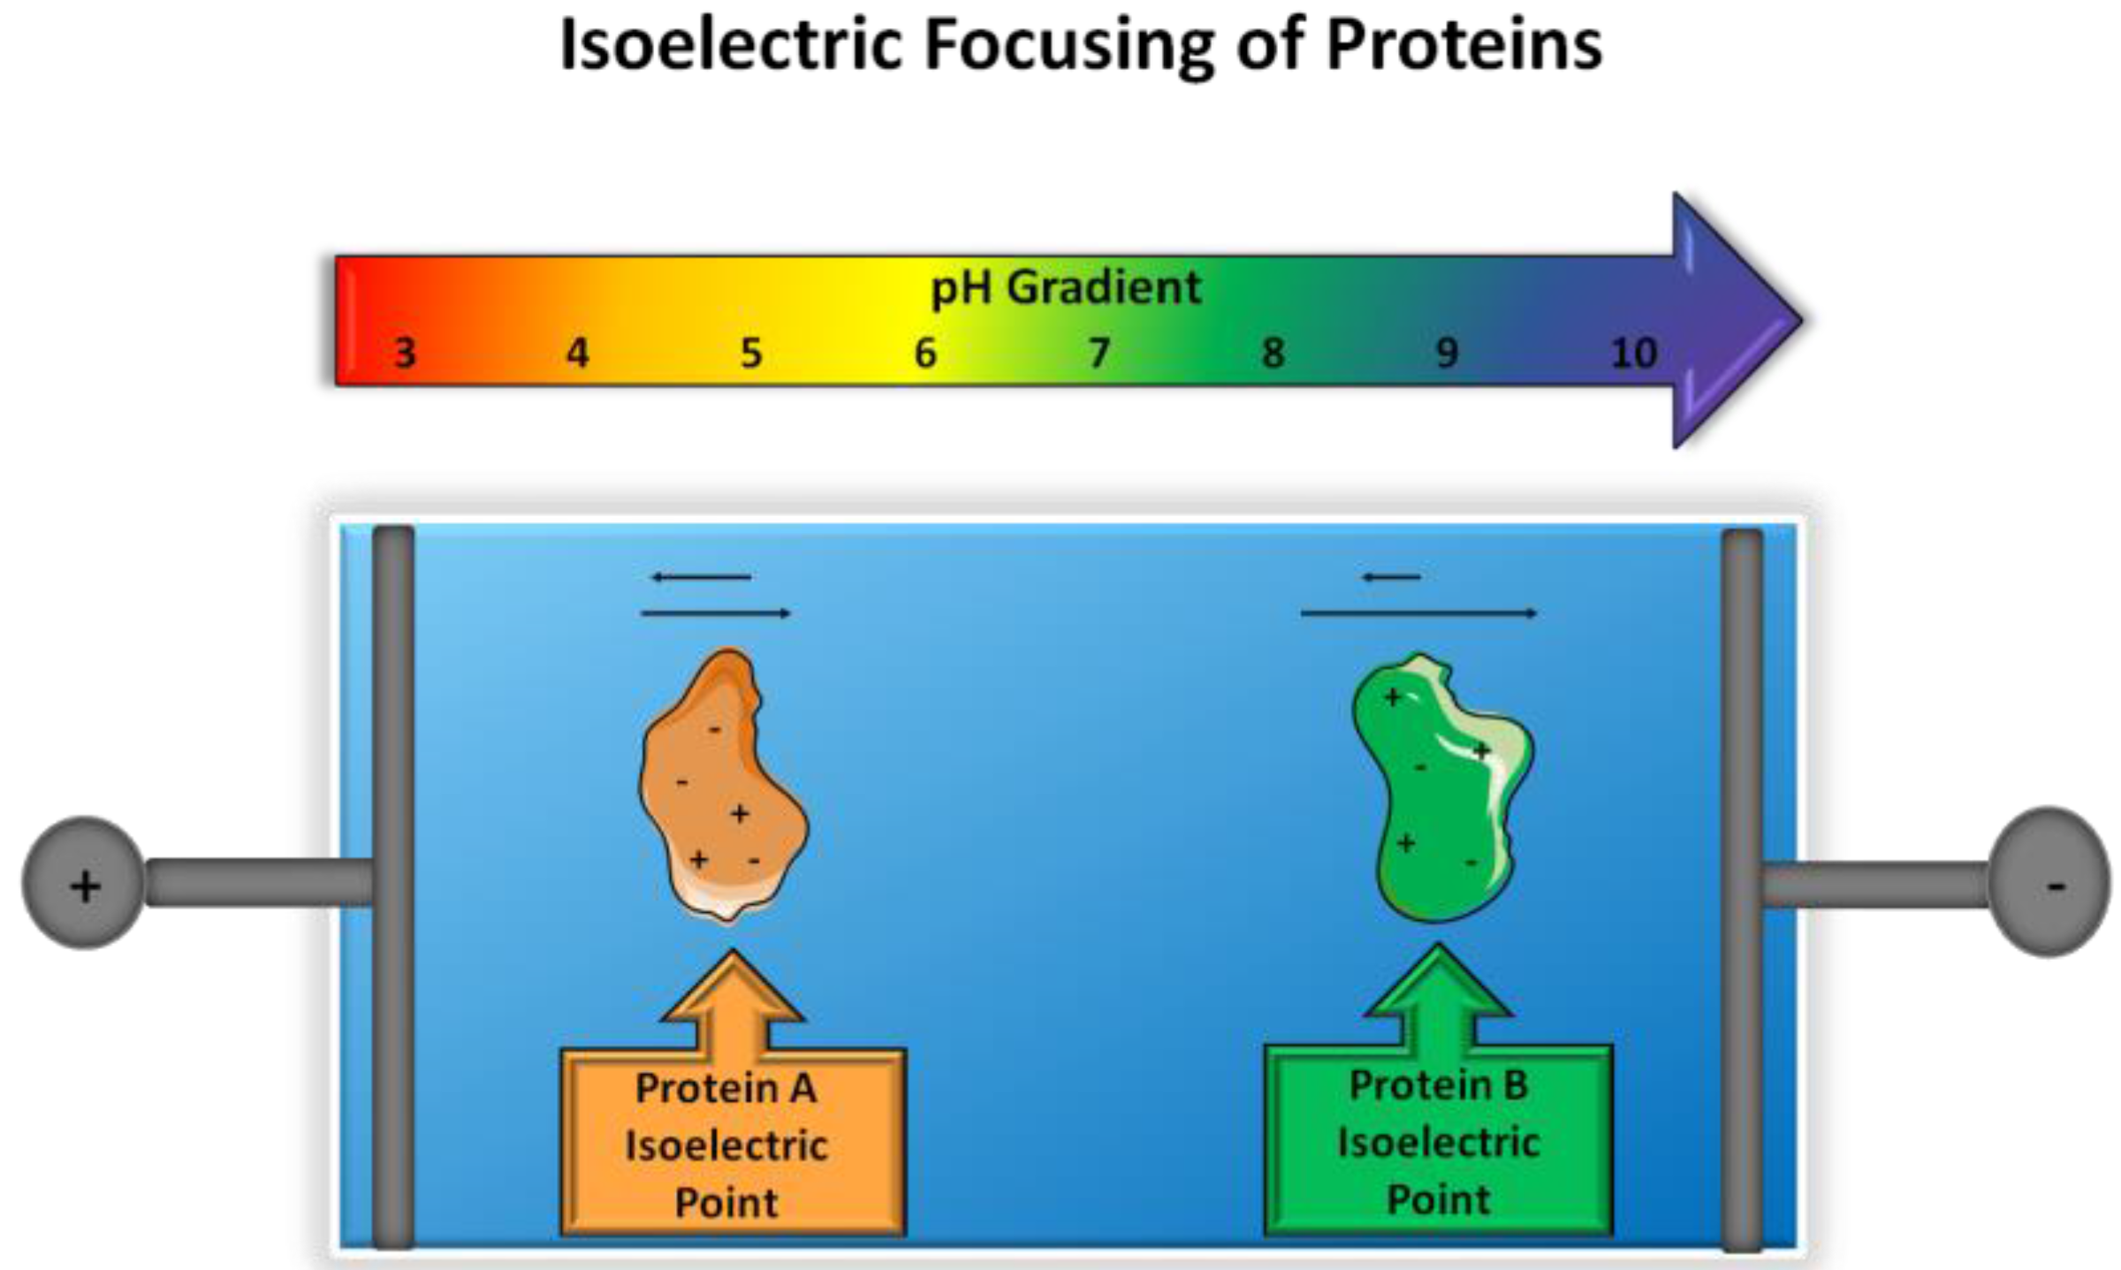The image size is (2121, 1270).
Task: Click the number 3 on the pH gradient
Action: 405,354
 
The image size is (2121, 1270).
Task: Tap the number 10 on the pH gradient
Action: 1633,354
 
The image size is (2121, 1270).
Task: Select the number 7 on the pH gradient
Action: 1099,354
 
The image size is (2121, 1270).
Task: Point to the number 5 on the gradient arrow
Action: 750,354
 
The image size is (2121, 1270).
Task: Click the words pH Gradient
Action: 1066,287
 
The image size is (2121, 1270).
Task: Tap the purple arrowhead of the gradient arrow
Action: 1732,320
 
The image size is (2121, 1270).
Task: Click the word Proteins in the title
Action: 1463,46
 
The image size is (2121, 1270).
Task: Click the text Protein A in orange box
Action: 726,1089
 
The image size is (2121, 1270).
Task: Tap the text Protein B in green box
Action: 1438,1085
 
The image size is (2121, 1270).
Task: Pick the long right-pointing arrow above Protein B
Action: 1418,612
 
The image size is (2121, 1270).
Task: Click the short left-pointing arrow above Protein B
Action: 1391,578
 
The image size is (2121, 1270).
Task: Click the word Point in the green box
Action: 1438,1200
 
